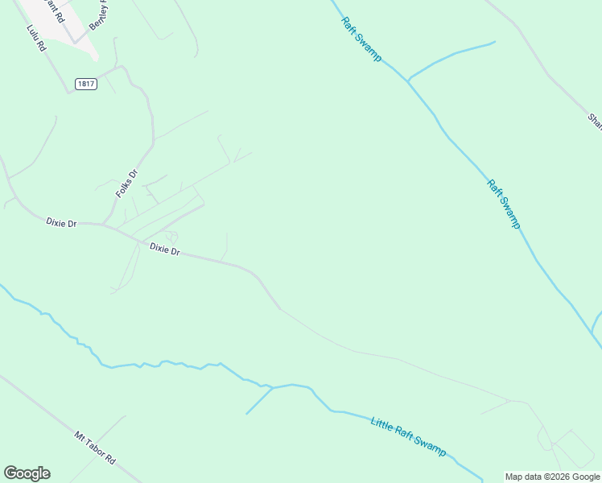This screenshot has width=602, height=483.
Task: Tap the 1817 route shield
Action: [x=86, y=84]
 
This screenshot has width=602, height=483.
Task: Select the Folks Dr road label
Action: [x=127, y=184]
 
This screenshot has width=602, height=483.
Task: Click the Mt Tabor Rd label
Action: [x=95, y=449]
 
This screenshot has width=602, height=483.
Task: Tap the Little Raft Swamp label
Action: [x=408, y=436]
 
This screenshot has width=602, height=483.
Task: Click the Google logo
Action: [x=27, y=473]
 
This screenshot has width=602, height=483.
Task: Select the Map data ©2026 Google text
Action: [x=552, y=477]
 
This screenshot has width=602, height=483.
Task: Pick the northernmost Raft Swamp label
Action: [x=361, y=39]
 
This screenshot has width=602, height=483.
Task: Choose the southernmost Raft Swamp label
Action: [x=504, y=204]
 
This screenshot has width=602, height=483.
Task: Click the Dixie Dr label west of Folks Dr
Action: [x=60, y=223]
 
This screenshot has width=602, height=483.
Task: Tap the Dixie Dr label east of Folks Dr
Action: [x=164, y=250]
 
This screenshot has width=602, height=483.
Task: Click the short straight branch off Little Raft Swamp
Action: [x=259, y=401]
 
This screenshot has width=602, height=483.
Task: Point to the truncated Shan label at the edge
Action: [x=595, y=121]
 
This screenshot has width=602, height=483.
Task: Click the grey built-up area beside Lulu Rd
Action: [x=48, y=20]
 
